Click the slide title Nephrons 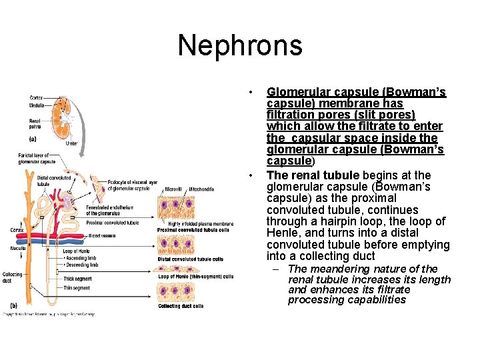[x=240, y=46]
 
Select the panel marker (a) [x=32, y=139]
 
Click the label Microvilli [x=174, y=189]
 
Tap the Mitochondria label [x=201, y=189]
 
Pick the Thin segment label [x=76, y=288]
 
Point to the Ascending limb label [x=83, y=258]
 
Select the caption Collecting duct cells [x=181, y=306]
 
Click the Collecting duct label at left [x=12, y=277]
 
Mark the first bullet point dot [x=251, y=92]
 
